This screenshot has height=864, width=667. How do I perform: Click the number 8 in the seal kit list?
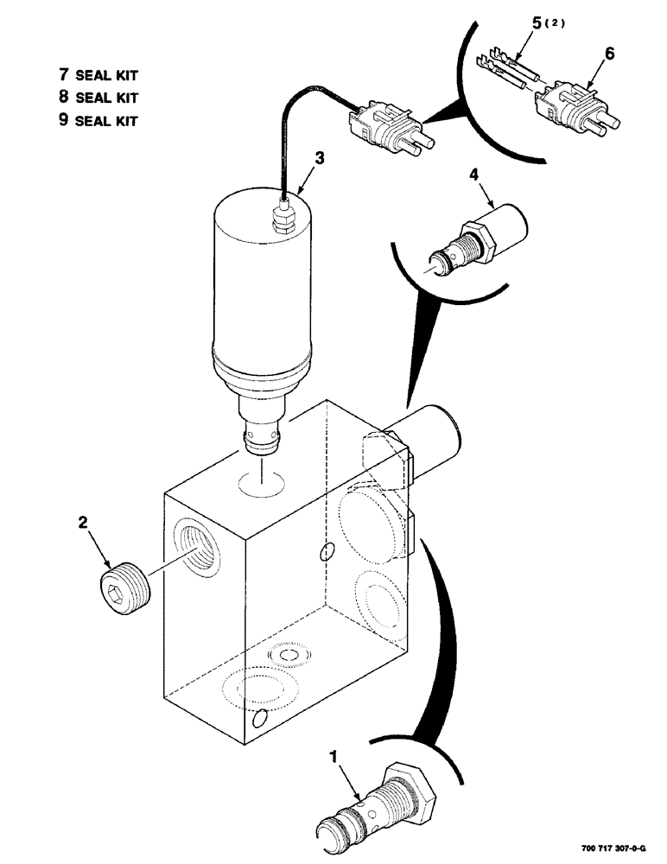coord(63,98)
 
